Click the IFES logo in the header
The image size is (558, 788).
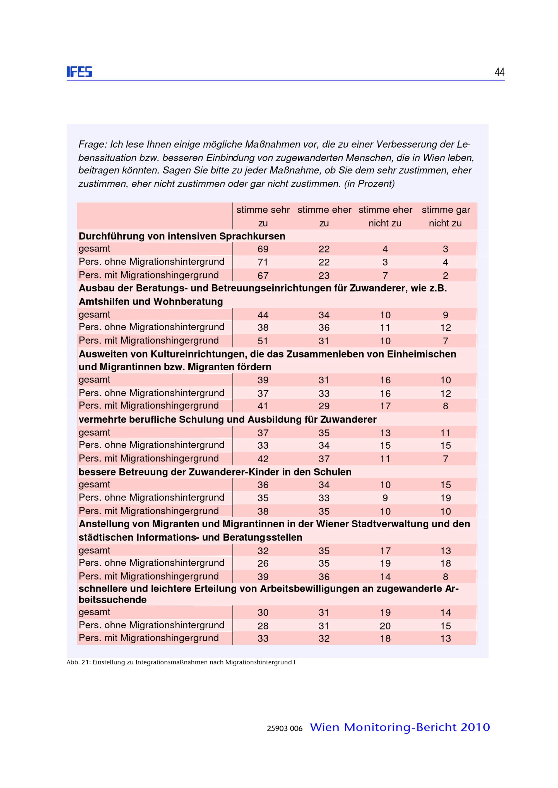point(79,72)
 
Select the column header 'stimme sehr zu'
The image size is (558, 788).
point(263,216)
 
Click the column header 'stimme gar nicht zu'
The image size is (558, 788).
point(445,216)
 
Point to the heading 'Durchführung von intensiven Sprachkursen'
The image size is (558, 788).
point(182,236)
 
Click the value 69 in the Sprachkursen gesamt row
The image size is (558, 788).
point(263,249)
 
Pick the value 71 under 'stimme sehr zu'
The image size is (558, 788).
point(263,262)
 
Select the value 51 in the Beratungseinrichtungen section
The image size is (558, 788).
point(263,341)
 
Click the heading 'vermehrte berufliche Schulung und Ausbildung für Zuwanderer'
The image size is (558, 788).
point(227,419)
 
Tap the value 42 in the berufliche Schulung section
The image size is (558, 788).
point(263,459)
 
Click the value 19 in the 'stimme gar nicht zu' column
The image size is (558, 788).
point(445,498)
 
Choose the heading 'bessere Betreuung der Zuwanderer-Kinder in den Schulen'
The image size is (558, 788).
point(215,472)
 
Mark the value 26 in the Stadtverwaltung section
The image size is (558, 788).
point(263,563)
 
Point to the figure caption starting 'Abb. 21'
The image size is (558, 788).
point(181,662)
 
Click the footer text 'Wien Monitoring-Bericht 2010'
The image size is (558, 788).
point(400,727)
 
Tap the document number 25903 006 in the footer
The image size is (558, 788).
point(285,729)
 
